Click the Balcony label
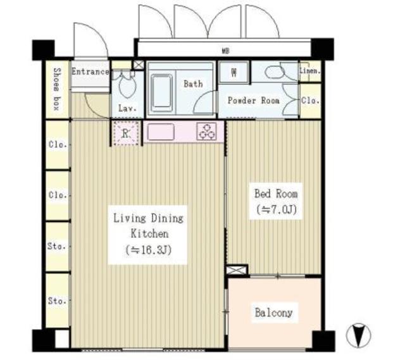click(x=274, y=313)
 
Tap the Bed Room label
click(x=276, y=194)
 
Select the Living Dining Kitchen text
click(x=148, y=226)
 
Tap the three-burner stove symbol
click(x=207, y=131)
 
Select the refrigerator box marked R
click(x=127, y=132)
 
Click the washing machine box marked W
click(x=234, y=72)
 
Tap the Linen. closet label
click(x=310, y=71)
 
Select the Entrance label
click(x=90, y=71)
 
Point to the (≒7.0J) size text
click(x=276, y=209)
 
